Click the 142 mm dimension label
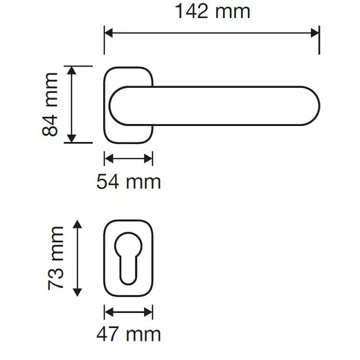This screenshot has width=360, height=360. [213, 11]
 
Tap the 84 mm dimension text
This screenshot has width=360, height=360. [50, 105]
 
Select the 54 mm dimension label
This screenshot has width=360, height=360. [129, 182]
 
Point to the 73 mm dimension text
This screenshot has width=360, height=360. [55, 258]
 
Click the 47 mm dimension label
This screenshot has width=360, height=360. [129, 334]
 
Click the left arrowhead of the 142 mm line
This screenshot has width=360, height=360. [109, 33]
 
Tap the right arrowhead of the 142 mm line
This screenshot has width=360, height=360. [315, 33]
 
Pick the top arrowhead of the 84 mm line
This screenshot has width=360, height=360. [71, 70]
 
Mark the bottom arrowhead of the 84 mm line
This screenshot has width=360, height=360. [71, 138]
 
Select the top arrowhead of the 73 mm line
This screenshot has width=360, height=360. [78, 224]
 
